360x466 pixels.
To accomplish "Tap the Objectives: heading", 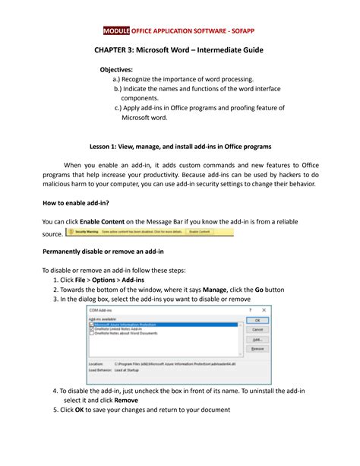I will [x=123, y=69].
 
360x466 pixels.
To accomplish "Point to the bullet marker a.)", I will [x=116, y=79].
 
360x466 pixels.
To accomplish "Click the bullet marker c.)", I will [x=118, y=109].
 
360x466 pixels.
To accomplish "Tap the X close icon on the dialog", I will [x=264, y=310].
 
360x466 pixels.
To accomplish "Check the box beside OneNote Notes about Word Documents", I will [x=92, y=334].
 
